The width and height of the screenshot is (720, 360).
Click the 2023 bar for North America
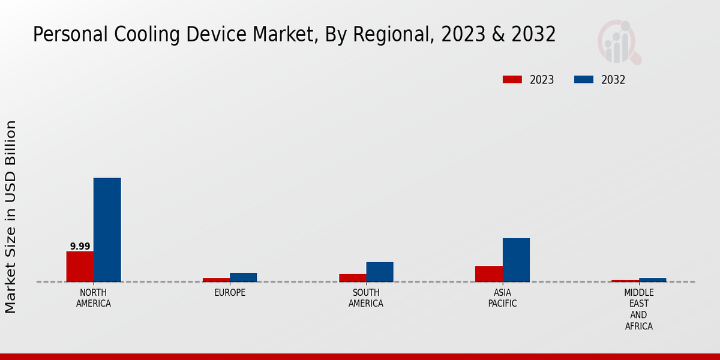click(80, 266)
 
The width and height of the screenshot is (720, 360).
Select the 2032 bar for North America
click(107, 230)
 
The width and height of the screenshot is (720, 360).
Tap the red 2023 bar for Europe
click(216, 280)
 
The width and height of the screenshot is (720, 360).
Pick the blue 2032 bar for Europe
click(243, 277)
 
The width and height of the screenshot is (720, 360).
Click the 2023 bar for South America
click(352, 278)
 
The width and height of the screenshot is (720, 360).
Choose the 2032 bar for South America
click(380, 272)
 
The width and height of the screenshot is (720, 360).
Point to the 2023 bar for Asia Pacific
click(488, 274)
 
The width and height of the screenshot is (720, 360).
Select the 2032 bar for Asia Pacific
click(516, 260)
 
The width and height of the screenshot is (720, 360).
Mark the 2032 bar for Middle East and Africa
click(652, 280)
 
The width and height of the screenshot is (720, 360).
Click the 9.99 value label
click(80, 247)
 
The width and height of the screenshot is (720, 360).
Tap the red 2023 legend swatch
click(512, 80)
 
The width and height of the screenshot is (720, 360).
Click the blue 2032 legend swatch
click(584, 80)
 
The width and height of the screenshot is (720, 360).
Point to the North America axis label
click(94, 298)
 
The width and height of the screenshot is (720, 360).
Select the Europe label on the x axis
click(230, 293)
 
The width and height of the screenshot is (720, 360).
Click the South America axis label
click(366, 298)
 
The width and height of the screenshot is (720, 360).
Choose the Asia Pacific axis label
click(502, 298)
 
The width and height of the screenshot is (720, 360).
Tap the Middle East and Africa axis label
click(638, 310)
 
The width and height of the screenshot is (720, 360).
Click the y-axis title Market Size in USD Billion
click(11, 217)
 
